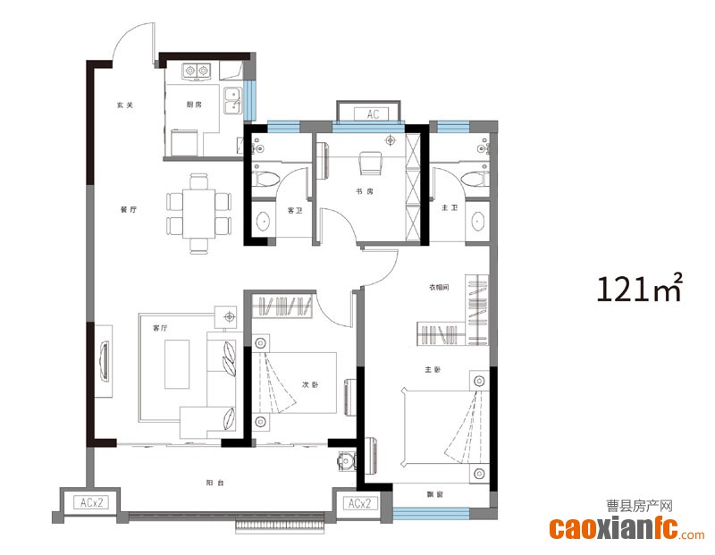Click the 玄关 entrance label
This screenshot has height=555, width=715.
coord(124,105)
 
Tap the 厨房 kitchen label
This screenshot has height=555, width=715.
coord(194,105)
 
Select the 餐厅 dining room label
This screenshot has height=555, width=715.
coord(129,210)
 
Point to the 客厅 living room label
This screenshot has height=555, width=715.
coord(160,328)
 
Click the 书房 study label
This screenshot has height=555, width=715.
coord(365,191)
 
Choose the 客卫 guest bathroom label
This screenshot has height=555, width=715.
coord(295,211)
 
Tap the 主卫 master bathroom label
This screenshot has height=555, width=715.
coord(450,208)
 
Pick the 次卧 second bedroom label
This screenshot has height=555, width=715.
coord(310,385)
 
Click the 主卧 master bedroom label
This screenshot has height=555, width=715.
coord(433,370)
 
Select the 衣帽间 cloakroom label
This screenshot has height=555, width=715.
coord(439,287)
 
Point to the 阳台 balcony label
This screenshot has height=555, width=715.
coord(214,483)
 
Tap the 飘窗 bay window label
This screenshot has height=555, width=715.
coord(435,494)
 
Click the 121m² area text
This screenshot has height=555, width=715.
coord(639,288)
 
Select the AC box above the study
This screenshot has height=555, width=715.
coord(372,114)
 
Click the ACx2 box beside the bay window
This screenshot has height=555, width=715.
coord(359,503)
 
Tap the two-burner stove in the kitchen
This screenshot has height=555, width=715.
coord(197,71)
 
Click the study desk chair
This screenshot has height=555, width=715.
coord(372,163)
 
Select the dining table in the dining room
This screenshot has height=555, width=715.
coord(198,214)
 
